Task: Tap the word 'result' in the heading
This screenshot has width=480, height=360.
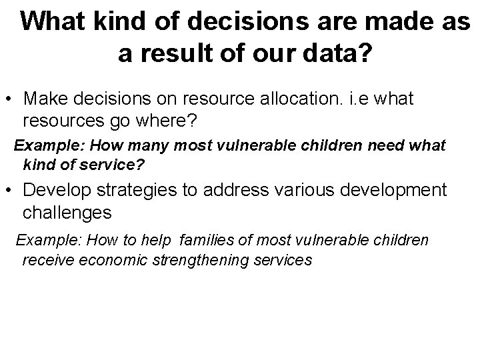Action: (172, 54)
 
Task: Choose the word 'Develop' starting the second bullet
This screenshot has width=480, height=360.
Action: (55, 190)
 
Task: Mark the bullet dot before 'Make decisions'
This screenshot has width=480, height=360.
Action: (10, 100)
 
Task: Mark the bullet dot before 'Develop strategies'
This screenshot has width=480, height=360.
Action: (10, 191)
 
